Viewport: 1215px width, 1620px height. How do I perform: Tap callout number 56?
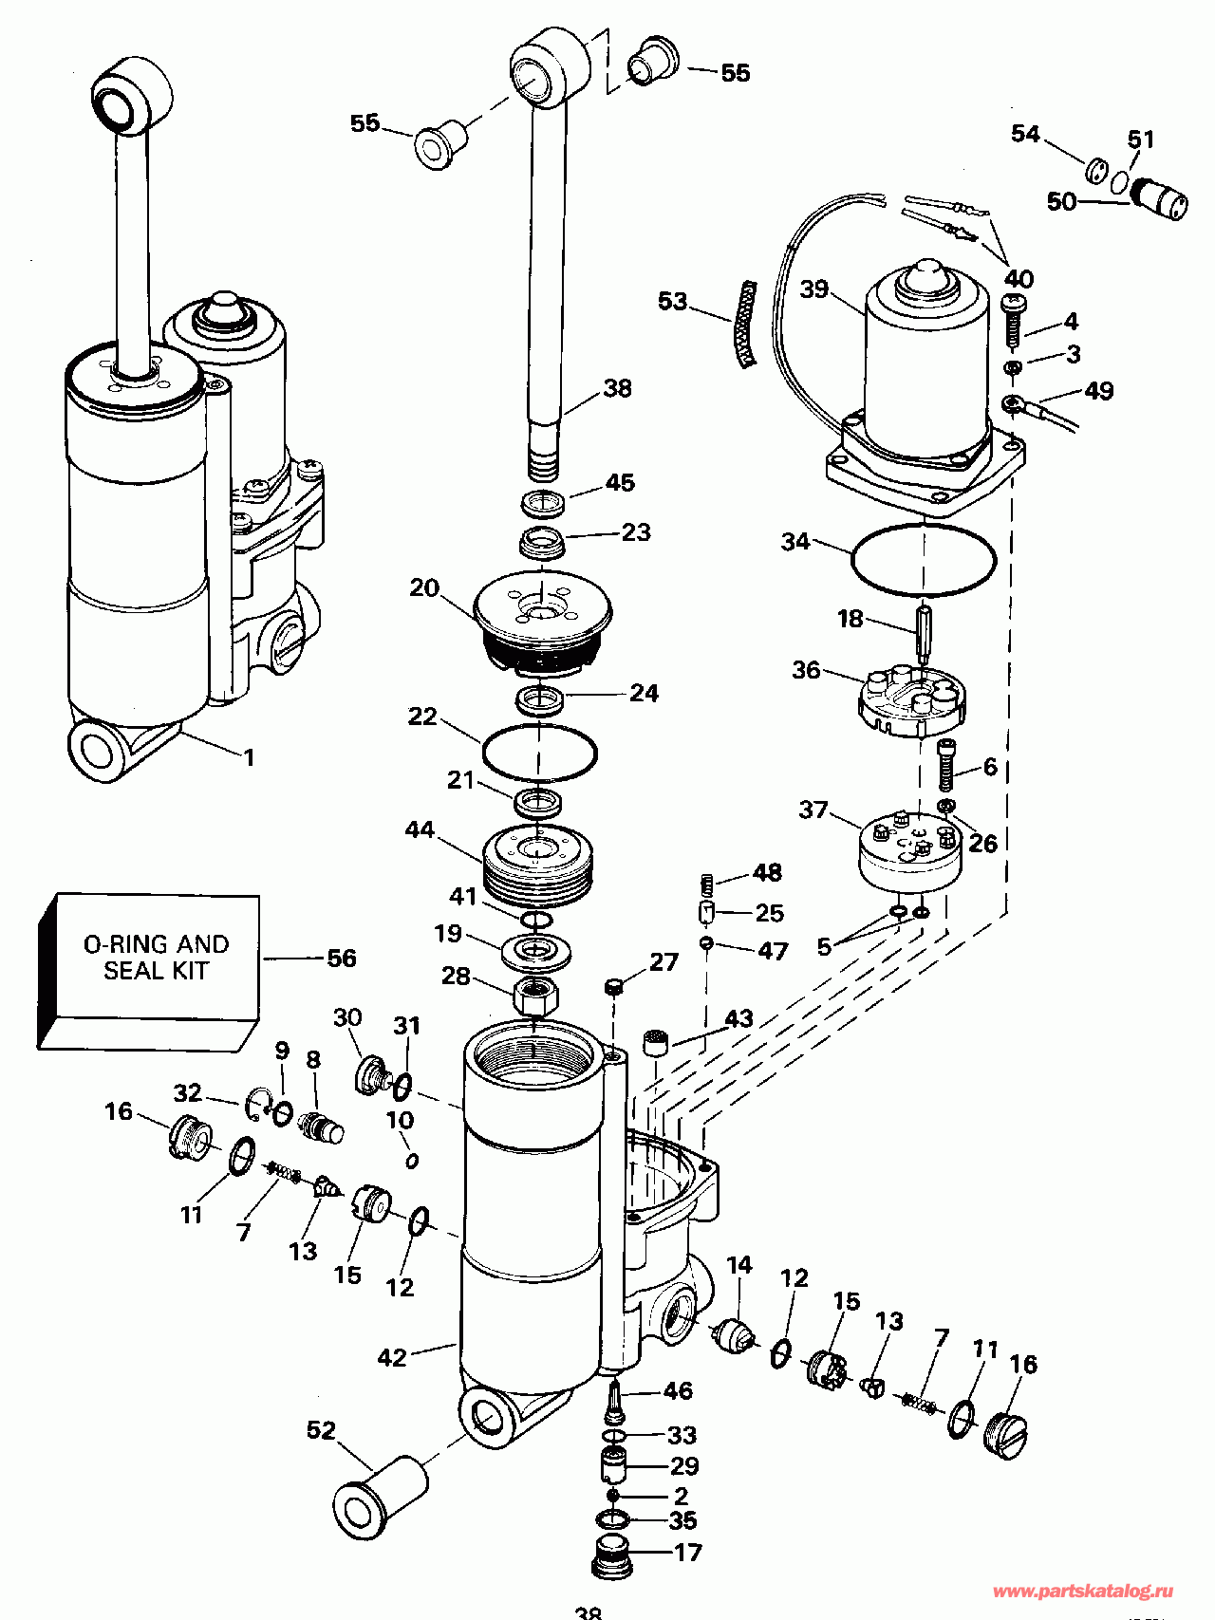341,959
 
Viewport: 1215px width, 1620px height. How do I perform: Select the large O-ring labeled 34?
924,560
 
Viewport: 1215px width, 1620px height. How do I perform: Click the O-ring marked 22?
539,752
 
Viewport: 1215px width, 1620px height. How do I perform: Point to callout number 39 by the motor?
814,289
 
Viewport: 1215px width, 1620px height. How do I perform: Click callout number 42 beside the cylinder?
392,1358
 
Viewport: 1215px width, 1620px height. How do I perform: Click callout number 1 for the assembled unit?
249,757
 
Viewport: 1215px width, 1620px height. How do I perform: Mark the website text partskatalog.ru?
1082,1591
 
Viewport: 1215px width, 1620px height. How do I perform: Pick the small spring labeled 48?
706,884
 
